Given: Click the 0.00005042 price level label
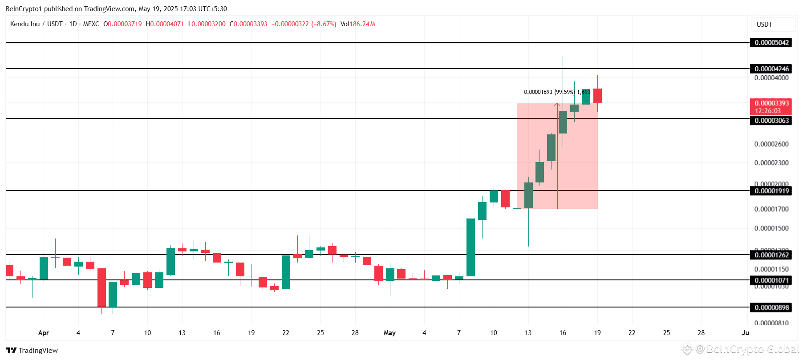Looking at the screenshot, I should point(771,43).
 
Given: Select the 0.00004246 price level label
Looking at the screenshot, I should point(771,69).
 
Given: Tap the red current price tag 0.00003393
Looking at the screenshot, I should point(771,103).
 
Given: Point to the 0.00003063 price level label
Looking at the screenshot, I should point(771,121).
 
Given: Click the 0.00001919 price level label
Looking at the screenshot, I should point(771,191).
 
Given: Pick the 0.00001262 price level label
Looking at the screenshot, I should point(771,255).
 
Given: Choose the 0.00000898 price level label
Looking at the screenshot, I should point(771,307).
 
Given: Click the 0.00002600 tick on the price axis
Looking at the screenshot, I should point(771,144).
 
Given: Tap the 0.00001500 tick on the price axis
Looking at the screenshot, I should point(771,228).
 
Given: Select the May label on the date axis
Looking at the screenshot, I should point(389,333).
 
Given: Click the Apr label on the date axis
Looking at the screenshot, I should point(44,333).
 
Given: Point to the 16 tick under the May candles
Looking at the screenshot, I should point(563,333).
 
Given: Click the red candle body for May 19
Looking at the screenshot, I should point(597,96).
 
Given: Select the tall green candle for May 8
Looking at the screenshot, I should point(470,247).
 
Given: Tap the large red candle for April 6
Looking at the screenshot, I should point(101,287).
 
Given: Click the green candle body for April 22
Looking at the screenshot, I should point(286,272).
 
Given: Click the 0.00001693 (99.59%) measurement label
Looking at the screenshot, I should point(549,92).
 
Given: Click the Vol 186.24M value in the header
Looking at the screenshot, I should point(357,24).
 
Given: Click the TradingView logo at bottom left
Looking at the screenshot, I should point(32,350).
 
